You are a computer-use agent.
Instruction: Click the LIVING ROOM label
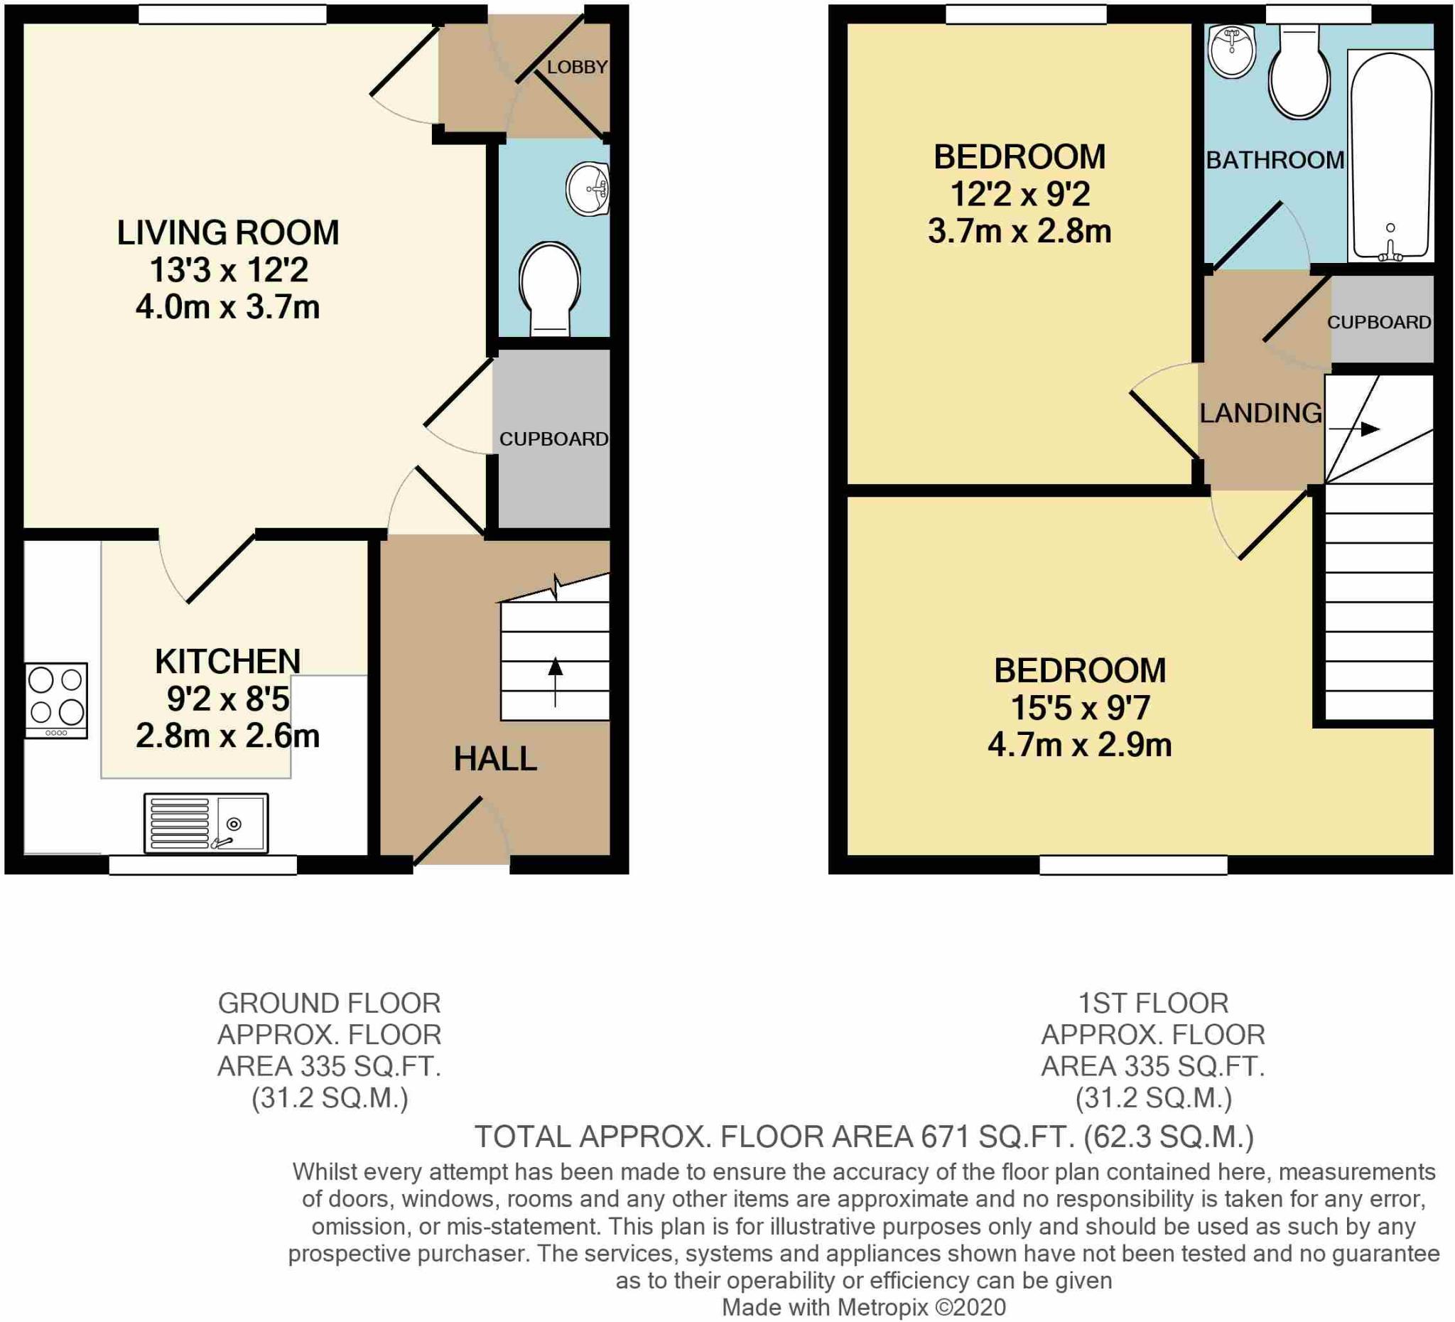[x=228, y=232]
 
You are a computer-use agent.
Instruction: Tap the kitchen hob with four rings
[x=56, y=700]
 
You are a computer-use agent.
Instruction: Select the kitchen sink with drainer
[x=206, y=823]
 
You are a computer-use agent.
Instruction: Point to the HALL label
[x=495, y=759]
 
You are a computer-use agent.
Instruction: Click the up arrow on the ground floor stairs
[x=555, y=682]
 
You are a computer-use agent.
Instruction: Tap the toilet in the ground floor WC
[x=549, y=289]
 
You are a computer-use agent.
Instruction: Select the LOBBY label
[x=577, y=67]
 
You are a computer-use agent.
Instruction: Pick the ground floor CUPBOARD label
[x=553, y=439]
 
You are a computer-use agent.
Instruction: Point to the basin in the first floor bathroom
[x=1232, y=50]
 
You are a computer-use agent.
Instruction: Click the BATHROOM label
[x=1275, y=160]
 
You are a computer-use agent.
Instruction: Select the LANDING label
[x=1261, y=413]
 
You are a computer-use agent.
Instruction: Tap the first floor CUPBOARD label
[x=1379, y=322]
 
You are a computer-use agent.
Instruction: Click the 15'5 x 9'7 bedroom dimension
[x=1080, y=708]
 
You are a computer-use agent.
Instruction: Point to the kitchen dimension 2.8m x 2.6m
[x=227, y=736]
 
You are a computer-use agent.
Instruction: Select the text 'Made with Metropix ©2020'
[x=864, y=1307]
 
